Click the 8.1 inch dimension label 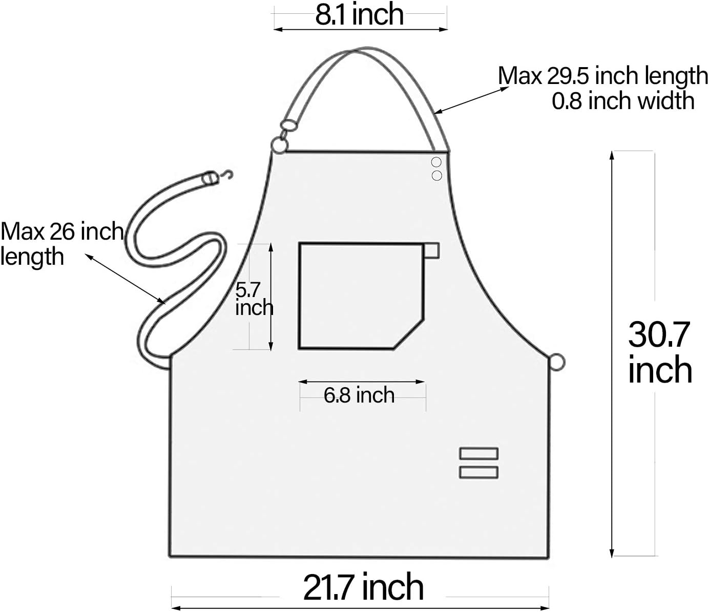[360, 14]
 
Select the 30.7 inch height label [660, 352]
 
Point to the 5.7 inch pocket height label [254, 299]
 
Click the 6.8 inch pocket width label [359, 395]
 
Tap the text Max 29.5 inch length [602, 76]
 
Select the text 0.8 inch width [623, 100]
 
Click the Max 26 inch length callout [61, 243]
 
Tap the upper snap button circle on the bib [436, 162]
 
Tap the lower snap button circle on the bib [436, 176]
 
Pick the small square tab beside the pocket [432, 250]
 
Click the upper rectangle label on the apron [478, 453]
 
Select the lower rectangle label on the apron [478, 472]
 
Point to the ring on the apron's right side [557, 362]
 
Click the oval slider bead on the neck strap [288, 124]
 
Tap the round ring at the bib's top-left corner [279, 146]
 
